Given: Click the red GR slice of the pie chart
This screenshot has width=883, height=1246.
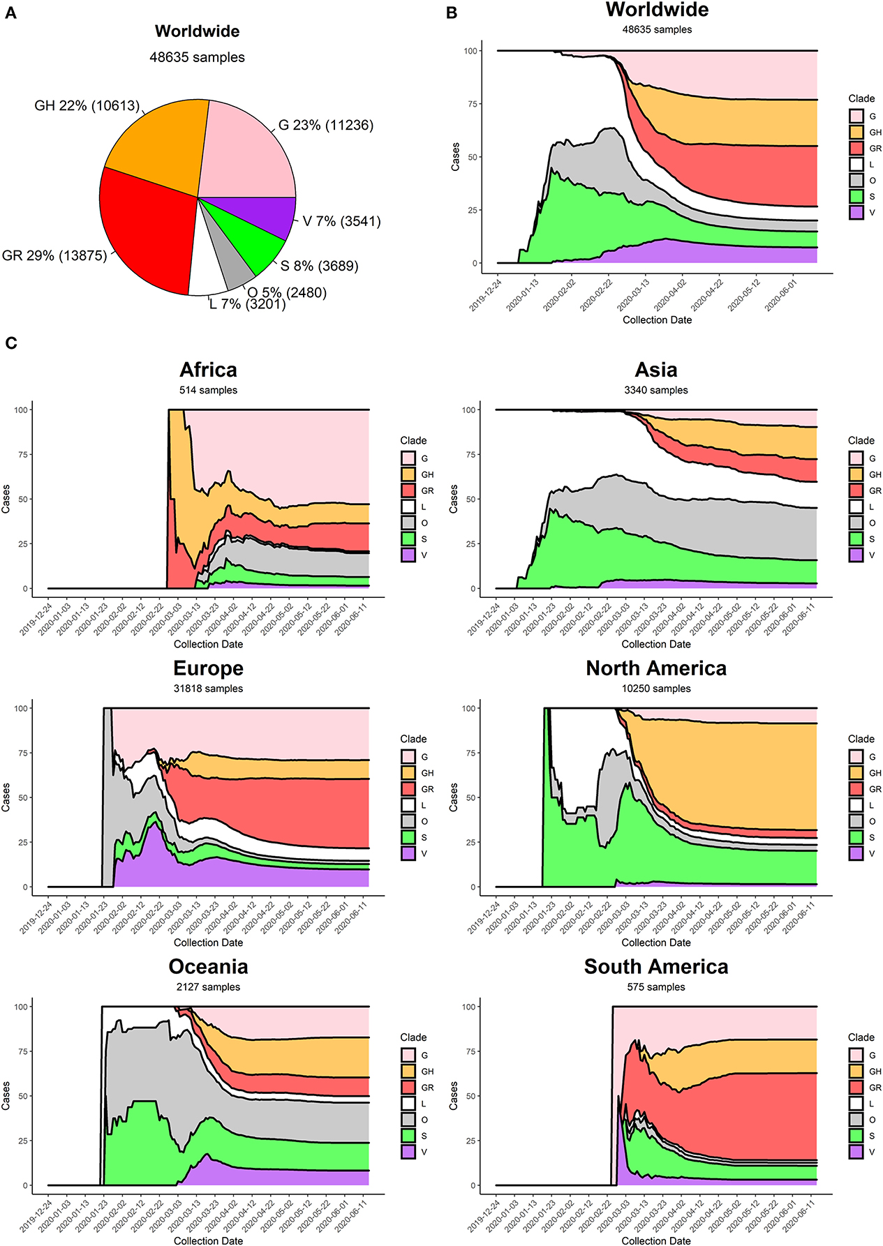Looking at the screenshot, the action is (x=147, y=230).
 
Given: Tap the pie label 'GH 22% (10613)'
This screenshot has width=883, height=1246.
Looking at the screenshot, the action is (x=87, y=106).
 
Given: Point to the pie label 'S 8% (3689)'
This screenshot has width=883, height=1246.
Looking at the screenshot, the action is (x=320, y=266).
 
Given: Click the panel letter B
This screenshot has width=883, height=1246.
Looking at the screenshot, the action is (x=452, y=13).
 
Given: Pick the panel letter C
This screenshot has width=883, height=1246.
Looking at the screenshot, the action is (x=11, y=343).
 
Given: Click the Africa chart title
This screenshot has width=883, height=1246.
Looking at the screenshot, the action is (x=208, y=370).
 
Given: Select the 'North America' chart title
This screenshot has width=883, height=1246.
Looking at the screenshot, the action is (x=656, y=668).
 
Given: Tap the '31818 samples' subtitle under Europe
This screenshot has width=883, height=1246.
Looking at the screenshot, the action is (x=208, y=689).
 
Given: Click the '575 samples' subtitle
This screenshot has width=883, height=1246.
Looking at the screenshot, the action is (x=656, y=987).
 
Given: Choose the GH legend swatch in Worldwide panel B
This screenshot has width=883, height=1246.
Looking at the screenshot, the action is (x=856, y=132).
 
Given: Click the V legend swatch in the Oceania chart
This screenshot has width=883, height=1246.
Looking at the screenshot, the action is (x=408, y=1152).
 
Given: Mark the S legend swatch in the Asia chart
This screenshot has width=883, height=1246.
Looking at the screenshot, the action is (x=856, y=539).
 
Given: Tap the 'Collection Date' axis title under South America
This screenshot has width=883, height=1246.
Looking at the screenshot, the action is (x=656, y=1240).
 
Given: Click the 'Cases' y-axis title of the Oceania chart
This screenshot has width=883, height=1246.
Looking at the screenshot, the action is (x=6, y=1096).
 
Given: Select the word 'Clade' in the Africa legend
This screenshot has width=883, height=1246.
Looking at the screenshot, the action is (x=413, y=440).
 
